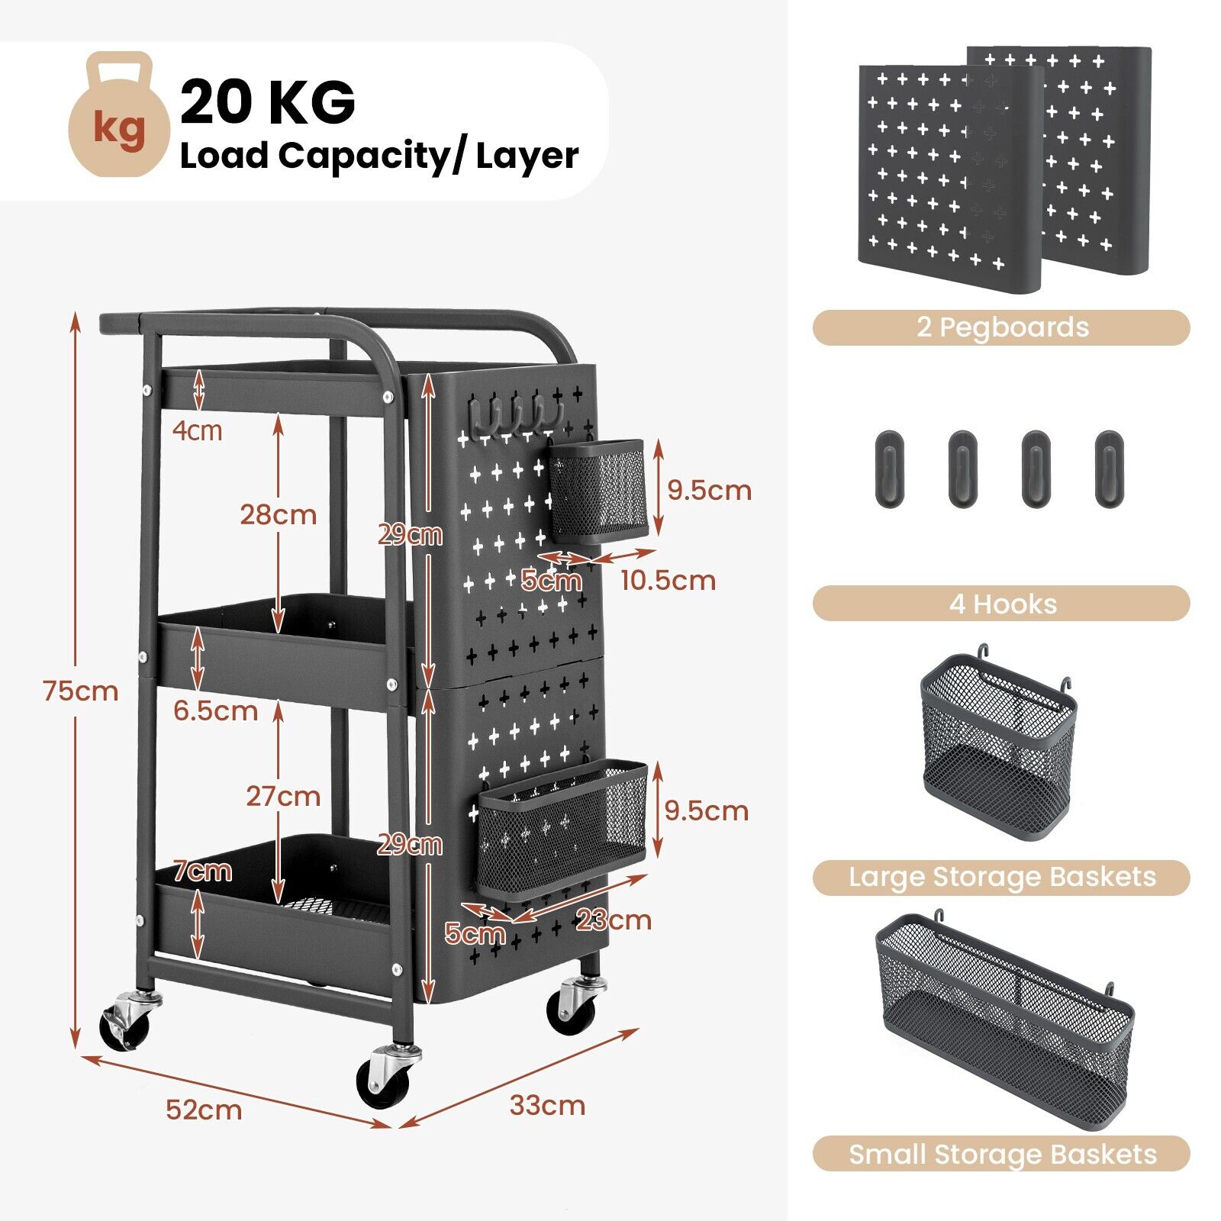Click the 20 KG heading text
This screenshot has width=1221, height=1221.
pyautogui.click(x=268, y=101)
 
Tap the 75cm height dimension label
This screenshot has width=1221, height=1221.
pyautogui.click(x=81, y=691)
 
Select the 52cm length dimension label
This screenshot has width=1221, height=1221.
pyautogui.click(x=204, y=1110)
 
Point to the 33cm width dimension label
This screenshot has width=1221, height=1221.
pyautogui.click(x=547, y=1105)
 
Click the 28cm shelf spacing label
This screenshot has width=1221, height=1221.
pyautogui.click(x=278, y=515)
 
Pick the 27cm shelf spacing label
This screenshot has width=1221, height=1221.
pyautogui.click(x=282, y=797)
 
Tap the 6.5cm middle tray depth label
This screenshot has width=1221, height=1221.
pyautogui.click(x=215, y=711)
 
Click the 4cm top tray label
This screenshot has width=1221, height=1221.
pyautogui.click(x=197, y=431)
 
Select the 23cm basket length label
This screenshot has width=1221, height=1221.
pyautogui.click(x=614, y=920)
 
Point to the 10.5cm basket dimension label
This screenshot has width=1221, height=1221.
pyautogui.click(x=668, y=581)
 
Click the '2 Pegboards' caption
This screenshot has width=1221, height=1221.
pyautogui.click(x=1002, y=327)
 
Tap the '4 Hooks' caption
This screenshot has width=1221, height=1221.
pyautogui.click(x=1002, y=604)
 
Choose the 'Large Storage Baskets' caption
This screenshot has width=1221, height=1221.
pyautogui.click(x=1002, y=878)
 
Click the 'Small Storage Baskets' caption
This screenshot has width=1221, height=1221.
pyautogui.click(x=1002, y=1155)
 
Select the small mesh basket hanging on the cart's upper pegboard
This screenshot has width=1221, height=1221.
pyautogui.click(x=597, y=490)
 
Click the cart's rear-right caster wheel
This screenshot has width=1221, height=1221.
pyautogui.click(x=572, y=1006)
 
